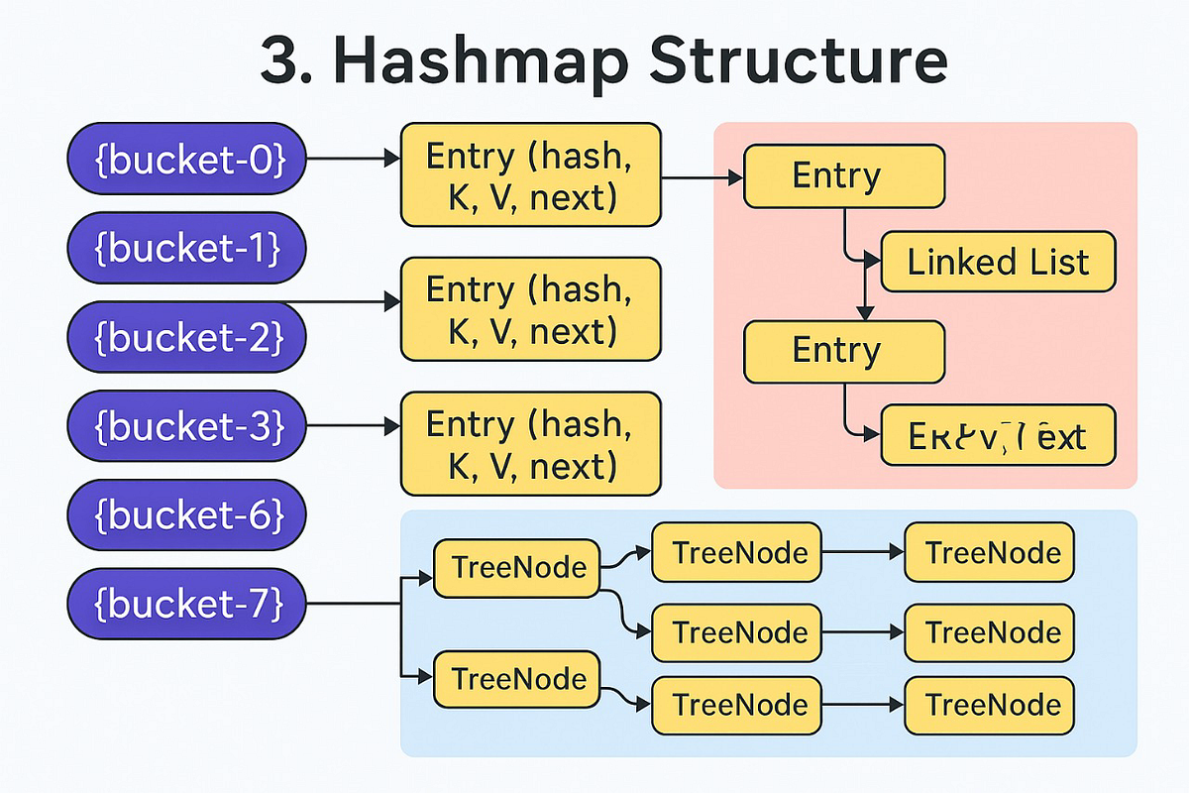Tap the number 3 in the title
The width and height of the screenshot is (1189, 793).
click(278, 61)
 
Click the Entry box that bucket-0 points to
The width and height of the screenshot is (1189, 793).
click(530, 175)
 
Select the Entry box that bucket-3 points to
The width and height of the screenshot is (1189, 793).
click(530, 444)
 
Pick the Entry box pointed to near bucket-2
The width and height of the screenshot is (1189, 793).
click(530, 309)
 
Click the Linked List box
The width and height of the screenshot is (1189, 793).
click(998, 262)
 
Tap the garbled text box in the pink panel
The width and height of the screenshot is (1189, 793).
click(998, 436)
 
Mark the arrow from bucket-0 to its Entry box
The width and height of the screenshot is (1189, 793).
click(353, 159)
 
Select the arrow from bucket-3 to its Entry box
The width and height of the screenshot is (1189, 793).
click(353, 426)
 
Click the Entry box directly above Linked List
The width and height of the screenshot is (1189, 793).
click(844, 176)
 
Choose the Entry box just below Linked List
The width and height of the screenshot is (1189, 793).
click(844, 351)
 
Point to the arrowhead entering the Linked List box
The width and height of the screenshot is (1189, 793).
click(873, 261)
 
